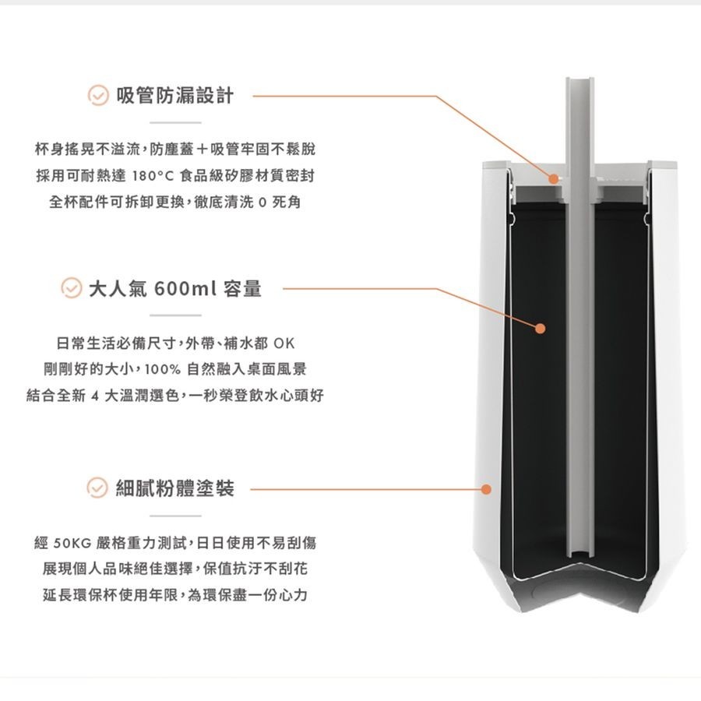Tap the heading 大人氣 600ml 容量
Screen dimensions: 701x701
175,290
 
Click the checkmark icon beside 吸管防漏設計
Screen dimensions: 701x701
97,97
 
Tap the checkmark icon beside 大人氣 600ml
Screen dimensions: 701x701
71,290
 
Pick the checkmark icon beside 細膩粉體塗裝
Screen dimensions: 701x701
97,489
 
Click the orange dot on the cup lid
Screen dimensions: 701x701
553,178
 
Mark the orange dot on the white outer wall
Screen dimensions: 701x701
486,490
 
